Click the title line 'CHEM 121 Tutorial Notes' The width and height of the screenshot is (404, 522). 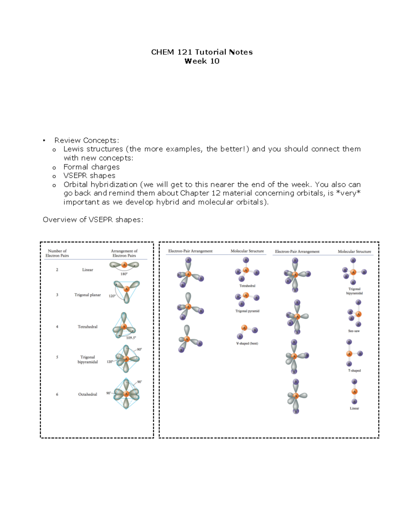point(202,52)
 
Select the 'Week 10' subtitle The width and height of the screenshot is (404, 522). point(202,61)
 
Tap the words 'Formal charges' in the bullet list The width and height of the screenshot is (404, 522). point(91,167)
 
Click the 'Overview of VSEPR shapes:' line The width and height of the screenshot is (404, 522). point(93,220)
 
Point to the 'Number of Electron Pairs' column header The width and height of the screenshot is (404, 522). point(57,253)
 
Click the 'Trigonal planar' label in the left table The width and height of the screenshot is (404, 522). point(88,295)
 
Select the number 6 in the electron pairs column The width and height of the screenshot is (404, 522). point(57,394)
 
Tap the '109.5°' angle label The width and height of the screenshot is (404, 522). point(131,338)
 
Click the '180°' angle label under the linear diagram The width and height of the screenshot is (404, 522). point(124,274)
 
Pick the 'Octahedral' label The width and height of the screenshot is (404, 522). point(88,394)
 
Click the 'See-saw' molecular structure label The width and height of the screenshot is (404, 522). point(354,331)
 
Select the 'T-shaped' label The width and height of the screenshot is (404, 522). point(354,370)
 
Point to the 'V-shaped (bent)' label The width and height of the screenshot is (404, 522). point(247,344)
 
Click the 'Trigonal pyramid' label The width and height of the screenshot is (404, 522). point(247,311)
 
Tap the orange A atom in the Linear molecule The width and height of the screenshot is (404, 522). point(354,392)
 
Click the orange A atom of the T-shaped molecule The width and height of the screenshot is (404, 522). point(349,354)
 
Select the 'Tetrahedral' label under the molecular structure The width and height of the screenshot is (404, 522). point(247,286)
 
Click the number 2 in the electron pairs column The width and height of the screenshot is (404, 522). point(57,270)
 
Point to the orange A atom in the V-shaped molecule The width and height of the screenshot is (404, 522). point(244,328)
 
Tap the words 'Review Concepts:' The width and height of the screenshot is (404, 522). point(87,140)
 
